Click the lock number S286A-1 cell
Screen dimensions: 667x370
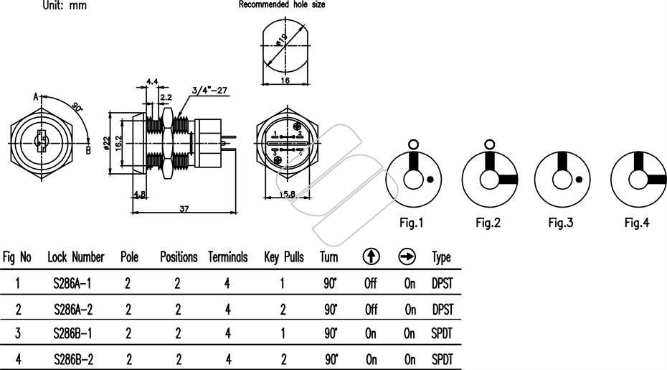point(72,284)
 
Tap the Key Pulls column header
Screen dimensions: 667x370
point(284,257)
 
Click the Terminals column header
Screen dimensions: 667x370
point(227,257)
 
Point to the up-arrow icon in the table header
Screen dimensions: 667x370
point(372,256)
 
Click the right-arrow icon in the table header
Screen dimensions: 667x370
point(407,256)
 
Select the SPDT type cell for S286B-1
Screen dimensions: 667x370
point(442,333)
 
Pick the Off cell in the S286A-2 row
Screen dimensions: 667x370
point(371,309)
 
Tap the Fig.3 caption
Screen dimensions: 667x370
point(561,223)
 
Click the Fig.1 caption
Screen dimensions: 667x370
point(412,223)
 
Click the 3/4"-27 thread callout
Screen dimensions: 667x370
point(209,91)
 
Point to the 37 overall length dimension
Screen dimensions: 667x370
point(184,209)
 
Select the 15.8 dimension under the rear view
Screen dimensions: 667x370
point(287,194)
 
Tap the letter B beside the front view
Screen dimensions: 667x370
point(88,150)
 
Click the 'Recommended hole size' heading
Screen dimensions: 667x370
point(282,5)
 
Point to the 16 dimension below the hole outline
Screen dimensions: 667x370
point(285,80)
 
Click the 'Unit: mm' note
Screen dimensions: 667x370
point(65,5)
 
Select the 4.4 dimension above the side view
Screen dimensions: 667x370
point(152,81)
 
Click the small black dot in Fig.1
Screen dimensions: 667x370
point(430,180)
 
